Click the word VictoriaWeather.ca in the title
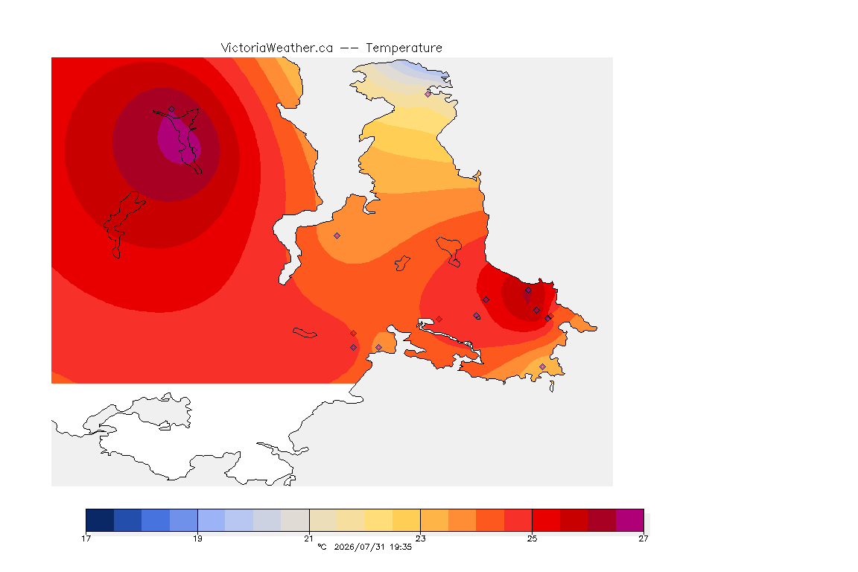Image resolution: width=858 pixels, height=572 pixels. click(277, 48)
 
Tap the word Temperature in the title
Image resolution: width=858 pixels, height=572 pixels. click(404, 48)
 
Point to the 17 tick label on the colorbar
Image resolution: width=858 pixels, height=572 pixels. click(86, 538)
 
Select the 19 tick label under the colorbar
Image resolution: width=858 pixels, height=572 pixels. click(197, 538)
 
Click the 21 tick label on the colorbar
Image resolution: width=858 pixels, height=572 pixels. click(309, 538)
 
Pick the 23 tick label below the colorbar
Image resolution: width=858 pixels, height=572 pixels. click(420, 538)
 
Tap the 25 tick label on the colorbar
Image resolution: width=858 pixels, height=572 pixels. click(532, 538)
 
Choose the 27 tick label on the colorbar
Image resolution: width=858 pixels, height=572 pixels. click(643, 538)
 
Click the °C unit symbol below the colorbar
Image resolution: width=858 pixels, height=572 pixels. click(322, 547)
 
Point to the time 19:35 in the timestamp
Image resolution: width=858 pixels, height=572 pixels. click(401, 547)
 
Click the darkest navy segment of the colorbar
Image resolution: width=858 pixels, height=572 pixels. click(100, 520)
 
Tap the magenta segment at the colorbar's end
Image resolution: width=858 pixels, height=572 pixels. click(630, 520)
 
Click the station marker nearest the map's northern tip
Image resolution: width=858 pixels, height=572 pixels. click(428, 94)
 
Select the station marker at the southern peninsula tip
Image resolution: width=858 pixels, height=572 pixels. click(542, 366)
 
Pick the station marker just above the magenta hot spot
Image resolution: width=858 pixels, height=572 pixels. click(172, 109)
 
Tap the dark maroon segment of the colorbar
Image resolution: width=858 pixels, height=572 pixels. click(602, 520)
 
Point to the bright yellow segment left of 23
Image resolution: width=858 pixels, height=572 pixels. click(407, 520)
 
